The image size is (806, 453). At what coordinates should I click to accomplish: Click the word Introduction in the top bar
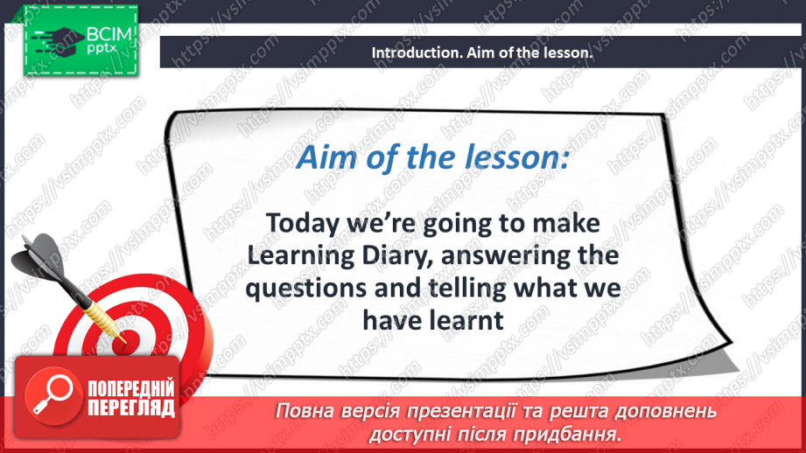pyautogui.click(x=411, y=52)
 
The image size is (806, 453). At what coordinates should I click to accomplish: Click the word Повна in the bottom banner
pyautogui.click(x=305, y=411)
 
